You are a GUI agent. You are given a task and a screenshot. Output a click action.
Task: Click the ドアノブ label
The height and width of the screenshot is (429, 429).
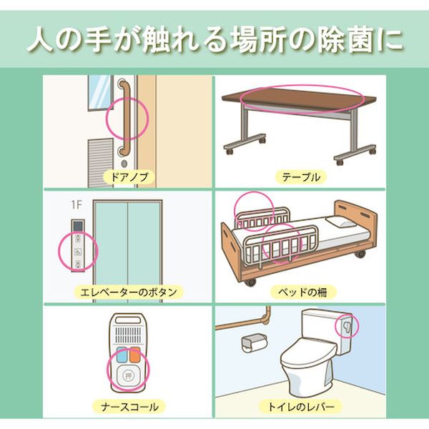[x=129, y=177]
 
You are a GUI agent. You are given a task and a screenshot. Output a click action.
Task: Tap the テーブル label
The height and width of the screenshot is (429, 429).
[x=301, y=177]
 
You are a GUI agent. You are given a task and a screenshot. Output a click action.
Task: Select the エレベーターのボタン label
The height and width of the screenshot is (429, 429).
[x=129, y=292]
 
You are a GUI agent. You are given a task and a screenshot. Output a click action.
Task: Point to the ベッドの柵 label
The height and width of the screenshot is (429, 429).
[x=302, y=292]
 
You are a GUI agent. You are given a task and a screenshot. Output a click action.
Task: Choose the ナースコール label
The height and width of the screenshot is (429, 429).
[x=129, y=407]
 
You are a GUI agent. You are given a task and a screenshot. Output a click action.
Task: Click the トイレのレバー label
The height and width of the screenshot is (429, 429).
[x=301, y=407]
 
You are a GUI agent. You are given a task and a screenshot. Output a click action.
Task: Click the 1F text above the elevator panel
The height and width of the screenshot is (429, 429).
[x=77, y=205]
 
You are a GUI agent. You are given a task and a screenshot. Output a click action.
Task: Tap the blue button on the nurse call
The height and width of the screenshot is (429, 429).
[x=122, y=355]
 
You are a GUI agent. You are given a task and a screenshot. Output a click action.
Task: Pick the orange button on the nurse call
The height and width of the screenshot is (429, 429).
[x=134, y=355]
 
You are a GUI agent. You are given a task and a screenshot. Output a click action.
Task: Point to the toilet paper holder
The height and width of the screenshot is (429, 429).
[x=254, y=343]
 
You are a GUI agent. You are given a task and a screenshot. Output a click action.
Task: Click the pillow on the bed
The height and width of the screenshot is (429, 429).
[x=340, y=222]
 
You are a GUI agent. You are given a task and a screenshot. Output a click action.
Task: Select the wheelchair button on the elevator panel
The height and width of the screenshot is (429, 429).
[x=78, y=251]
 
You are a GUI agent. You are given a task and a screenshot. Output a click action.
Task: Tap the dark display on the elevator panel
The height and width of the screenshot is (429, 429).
[x=78, y=226]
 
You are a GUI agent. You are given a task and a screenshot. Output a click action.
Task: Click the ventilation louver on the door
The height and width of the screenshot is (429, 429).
[x=100, y=162]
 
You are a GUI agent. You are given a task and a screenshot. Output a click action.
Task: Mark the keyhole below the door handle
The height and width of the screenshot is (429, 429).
[x=124, y=164]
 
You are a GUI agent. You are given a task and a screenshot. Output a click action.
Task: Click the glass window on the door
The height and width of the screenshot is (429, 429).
[x=99, y=93]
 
